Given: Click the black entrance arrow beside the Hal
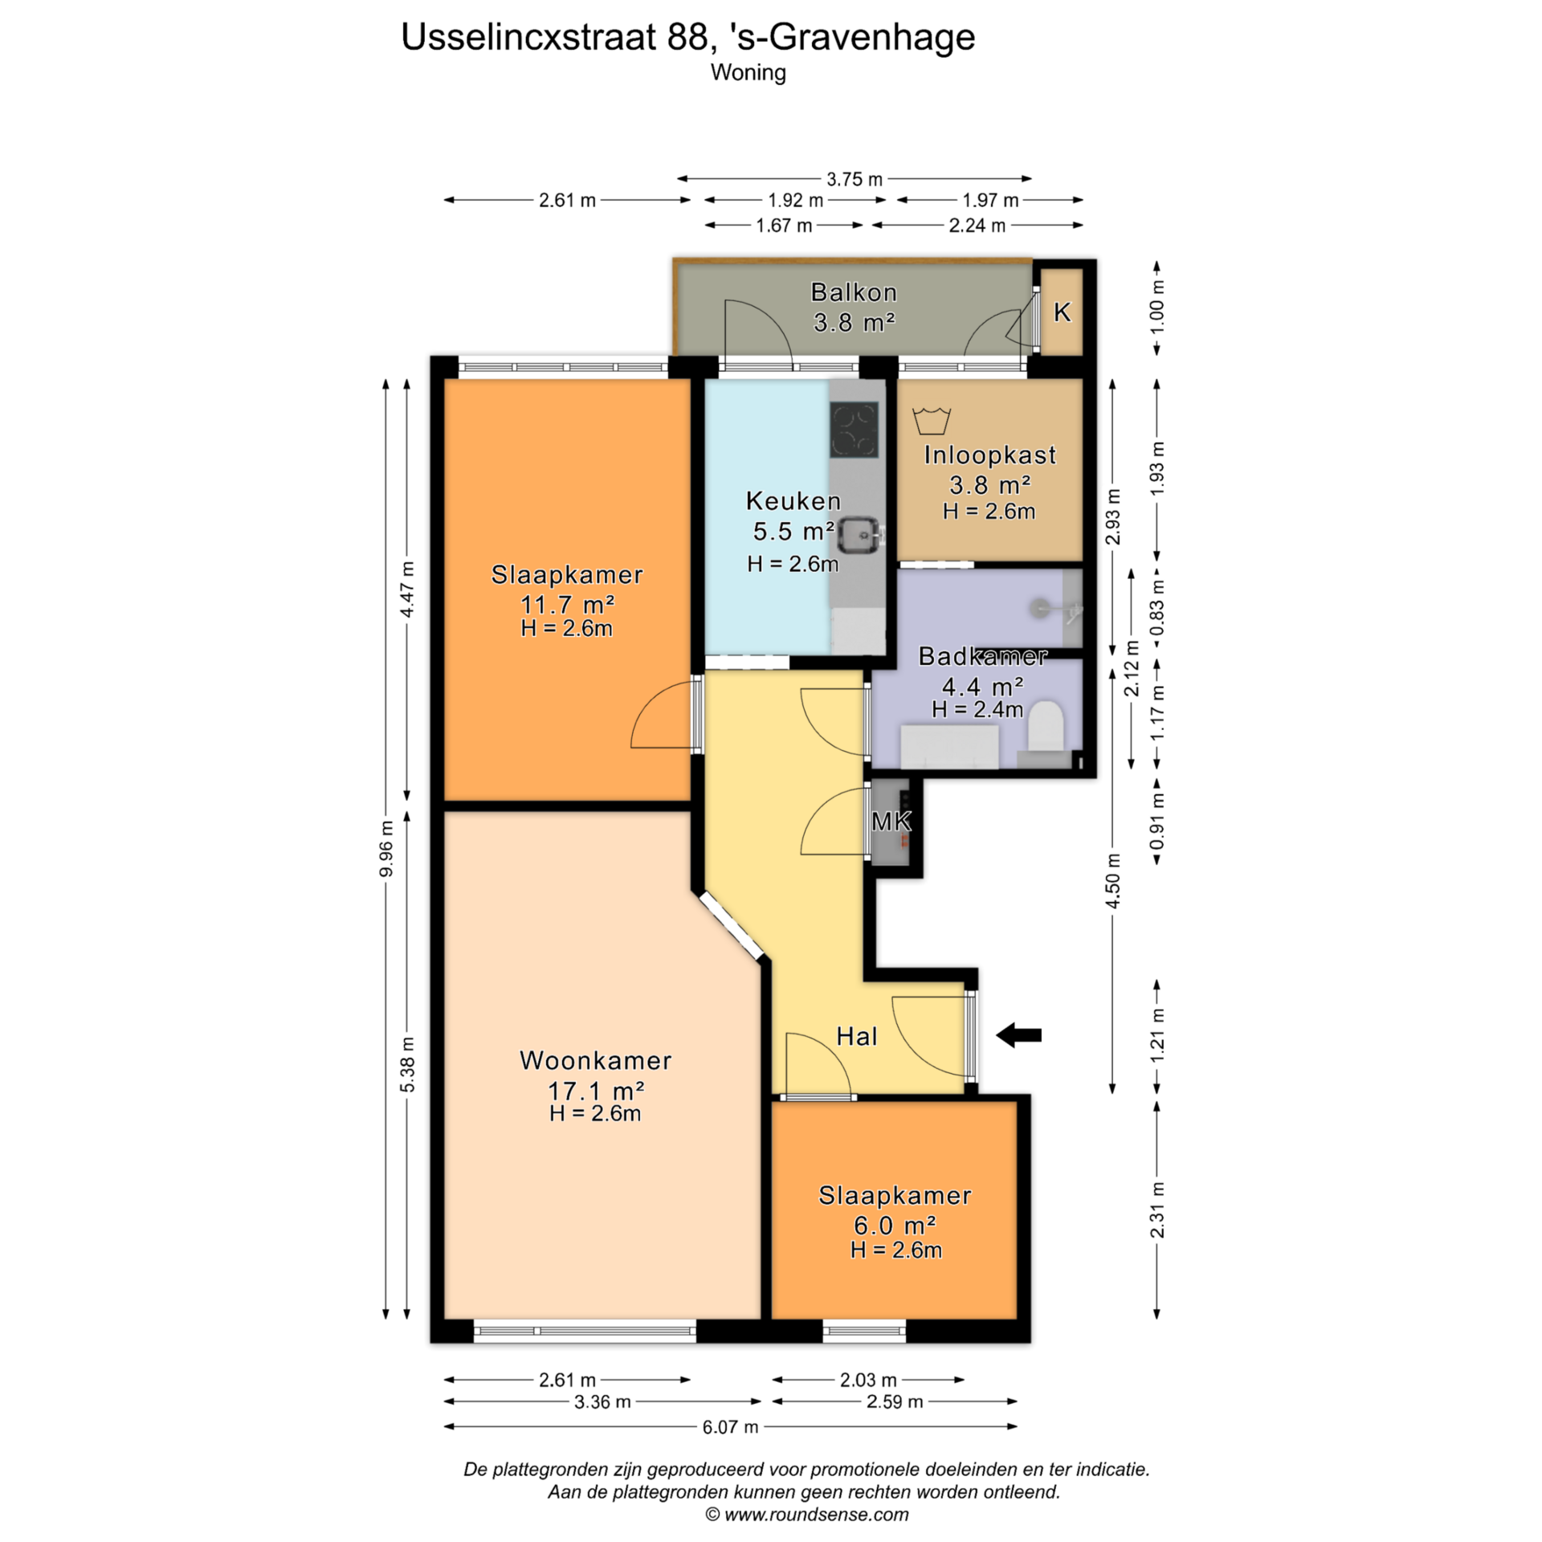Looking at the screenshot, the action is (x=1018, y=1035).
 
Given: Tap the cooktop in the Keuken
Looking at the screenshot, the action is (x=854, y=430).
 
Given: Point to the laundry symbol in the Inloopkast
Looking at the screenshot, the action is (x=932, y=420).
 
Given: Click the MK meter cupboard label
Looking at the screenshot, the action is (x=891, y=821).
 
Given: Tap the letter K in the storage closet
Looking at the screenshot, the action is (x=1062, y=312).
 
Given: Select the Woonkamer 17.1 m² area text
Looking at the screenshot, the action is (x=596, y=1091).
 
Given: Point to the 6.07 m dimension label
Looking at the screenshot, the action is (x=730, y=1426).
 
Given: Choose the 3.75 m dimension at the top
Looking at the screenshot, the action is (x=855, y=179).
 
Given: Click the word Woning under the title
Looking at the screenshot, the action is (x=749, y=73).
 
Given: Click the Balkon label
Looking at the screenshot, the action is (x=854, y=292).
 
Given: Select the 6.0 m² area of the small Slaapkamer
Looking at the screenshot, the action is (x=895, y=1226).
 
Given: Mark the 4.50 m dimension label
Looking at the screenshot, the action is (x=1113, y=881).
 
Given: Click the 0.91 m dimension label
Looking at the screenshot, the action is (x=1157, y=821).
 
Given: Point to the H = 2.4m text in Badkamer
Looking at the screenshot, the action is (x=977, y=709).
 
